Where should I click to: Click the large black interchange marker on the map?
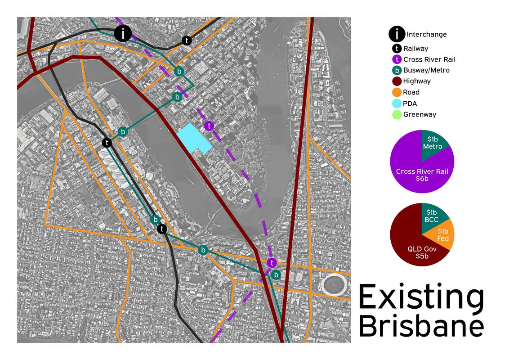(122, 33)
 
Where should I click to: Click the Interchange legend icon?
(397, 34)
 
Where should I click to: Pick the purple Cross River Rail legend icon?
(397, 59)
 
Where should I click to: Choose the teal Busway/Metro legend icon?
(397, 70)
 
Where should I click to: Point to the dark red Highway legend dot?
(397, 81)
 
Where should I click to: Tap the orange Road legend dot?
(397, 92)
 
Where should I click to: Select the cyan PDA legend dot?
(397, 103)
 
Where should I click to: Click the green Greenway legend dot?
(397, 114)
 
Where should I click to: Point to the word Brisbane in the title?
(421, 326)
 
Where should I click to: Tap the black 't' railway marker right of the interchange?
(187, 40)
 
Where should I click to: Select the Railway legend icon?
(397, 49)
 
